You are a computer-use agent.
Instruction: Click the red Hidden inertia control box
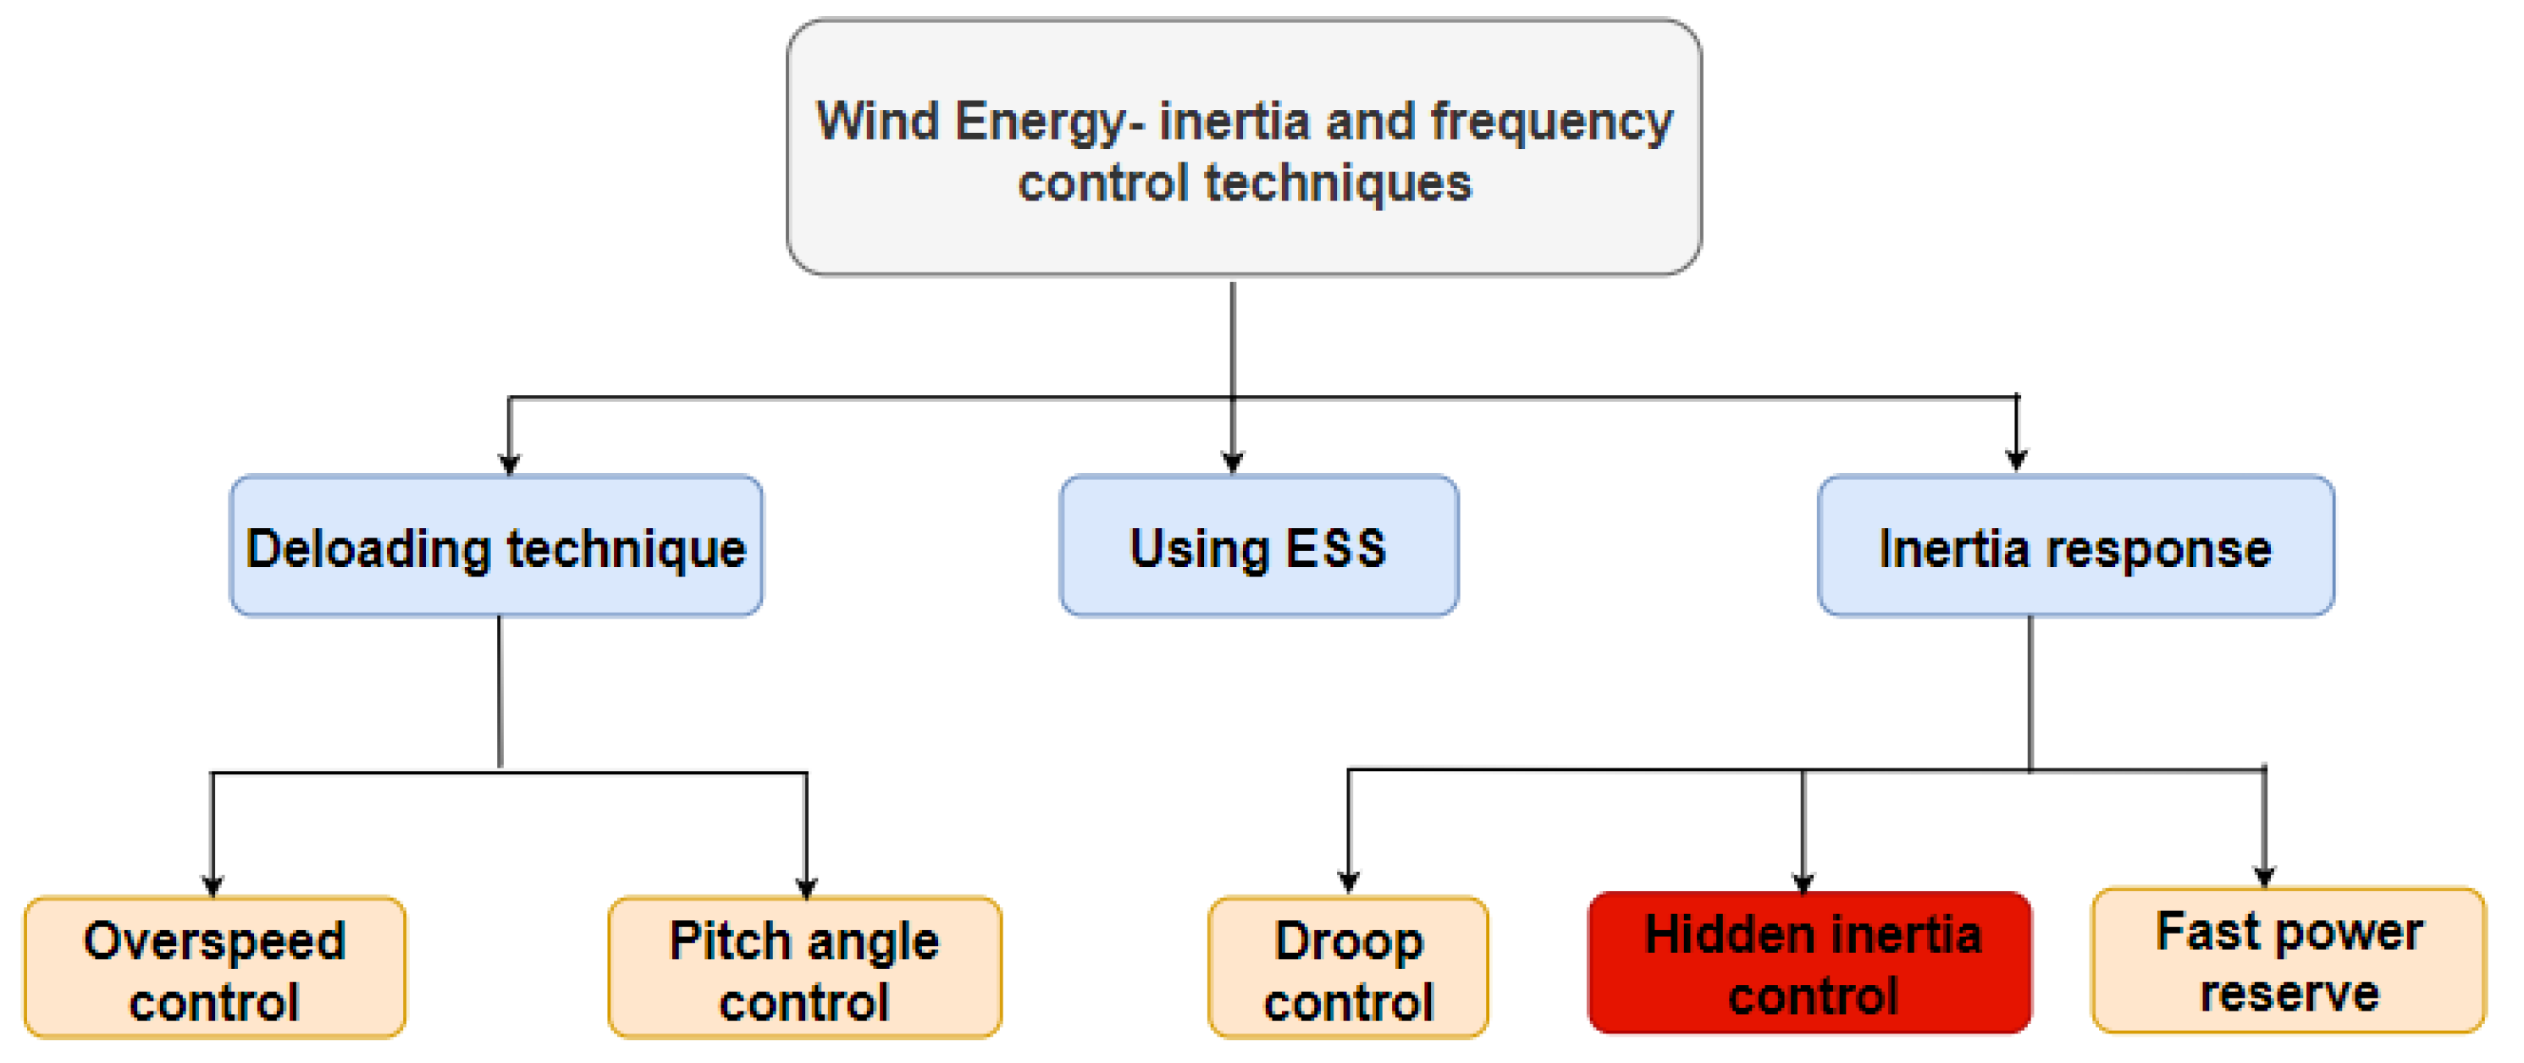point(1809,963)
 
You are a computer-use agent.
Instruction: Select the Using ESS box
point(1258,547)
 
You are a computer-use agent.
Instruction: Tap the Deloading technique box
point(496,547)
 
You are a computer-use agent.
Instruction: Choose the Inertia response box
point(2075,547)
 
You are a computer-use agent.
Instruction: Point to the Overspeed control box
point(213,968)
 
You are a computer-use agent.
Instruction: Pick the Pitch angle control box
point(804,968)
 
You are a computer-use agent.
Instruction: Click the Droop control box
point(1347,968)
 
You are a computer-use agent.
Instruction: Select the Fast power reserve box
point(2288,961)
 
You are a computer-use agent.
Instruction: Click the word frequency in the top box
point(1551,123)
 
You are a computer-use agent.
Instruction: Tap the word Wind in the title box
point(877,123)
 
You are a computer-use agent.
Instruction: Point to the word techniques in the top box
point(1338,185)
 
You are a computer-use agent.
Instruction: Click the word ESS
point(1335,548)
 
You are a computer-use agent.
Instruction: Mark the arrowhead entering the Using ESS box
point(1233,462)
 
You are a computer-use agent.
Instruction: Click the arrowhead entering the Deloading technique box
point(509,462)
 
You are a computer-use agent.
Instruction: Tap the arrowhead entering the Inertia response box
point(2015,460)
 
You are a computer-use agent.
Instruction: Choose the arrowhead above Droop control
point(1348,881)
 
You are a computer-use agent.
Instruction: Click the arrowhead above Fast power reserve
point(2263,876)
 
